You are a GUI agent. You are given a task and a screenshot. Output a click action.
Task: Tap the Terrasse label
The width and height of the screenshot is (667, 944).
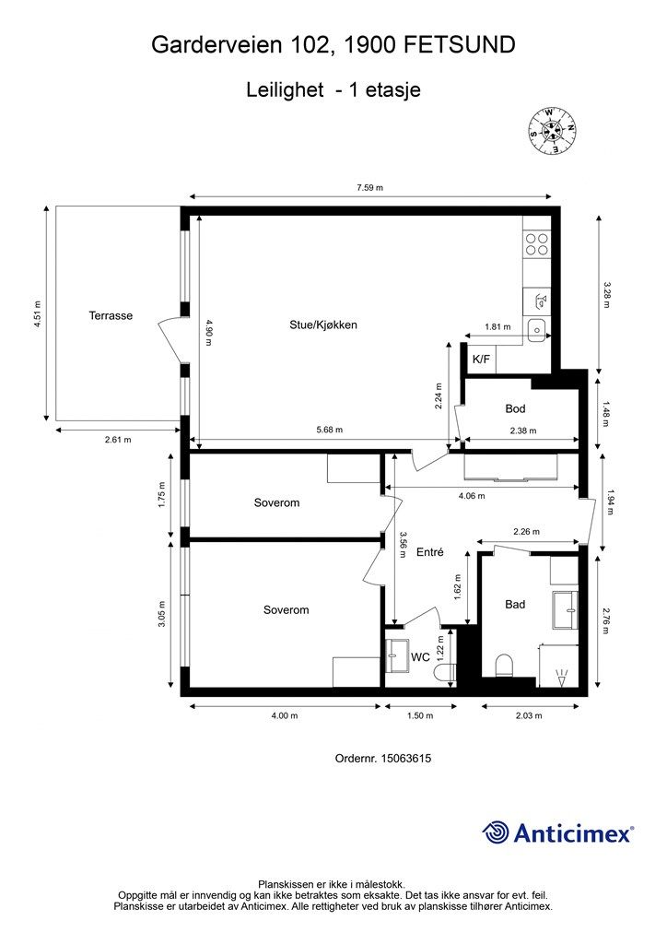(x=111, y=315)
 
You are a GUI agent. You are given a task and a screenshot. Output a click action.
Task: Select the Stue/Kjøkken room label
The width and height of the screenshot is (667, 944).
(x=323, y=325)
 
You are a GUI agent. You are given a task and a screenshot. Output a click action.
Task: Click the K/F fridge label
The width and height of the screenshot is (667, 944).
(x=481, y=360)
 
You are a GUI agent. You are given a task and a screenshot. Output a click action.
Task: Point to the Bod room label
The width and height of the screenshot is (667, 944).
(x=515, y=408)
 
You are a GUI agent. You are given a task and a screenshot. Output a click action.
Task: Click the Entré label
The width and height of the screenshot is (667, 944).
(x=430, y=551)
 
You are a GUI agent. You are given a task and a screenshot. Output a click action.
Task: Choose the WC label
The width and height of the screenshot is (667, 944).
(x=420, y=656)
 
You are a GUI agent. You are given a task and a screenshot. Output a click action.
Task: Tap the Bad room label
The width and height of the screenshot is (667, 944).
(x=515, y=605)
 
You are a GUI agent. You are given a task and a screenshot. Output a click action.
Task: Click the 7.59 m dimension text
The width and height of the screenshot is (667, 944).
(x=369, y=187)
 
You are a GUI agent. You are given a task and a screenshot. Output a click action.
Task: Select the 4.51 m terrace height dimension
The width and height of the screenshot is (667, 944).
(x=37, y=313)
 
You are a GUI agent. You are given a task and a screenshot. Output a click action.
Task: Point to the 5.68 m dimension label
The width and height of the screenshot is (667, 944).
(x=330, y=430)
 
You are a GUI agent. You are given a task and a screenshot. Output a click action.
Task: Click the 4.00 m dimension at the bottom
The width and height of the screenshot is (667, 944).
(x=285, y=715)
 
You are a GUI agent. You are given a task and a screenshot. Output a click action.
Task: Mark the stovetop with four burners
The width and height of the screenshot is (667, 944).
(x=537, y=243)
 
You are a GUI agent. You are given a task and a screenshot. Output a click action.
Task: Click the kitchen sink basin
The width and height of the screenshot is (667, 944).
(x=536, y=330)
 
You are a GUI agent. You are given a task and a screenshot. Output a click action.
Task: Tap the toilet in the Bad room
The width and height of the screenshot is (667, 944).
(x=503, y=667)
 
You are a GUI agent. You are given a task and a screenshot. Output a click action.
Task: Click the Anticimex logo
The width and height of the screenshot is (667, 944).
(x=558, y=832)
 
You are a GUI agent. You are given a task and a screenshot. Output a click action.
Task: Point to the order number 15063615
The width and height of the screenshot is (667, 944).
(x=406, y=759)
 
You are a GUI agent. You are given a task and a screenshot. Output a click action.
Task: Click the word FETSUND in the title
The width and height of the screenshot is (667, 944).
(x=459, y=45)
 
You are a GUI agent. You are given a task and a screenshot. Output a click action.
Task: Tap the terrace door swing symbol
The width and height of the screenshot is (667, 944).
(x=170, y=341)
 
